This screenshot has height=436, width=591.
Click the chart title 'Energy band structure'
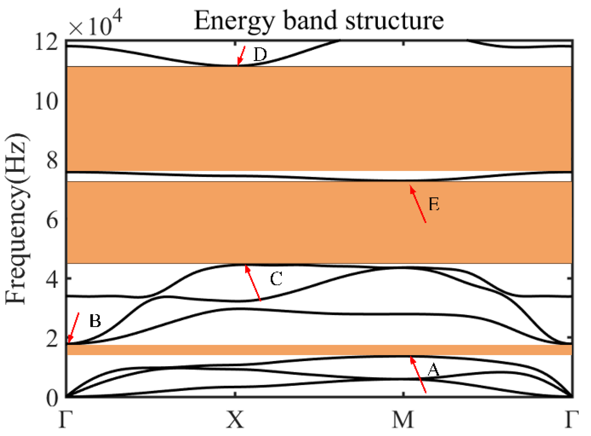[x=318, y=21]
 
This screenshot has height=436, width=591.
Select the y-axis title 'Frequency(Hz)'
[x=17, y=219]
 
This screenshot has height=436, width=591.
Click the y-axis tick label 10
[x=47, y=101]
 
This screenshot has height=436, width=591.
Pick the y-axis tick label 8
[x=52, y=160]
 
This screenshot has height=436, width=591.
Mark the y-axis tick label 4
[x=52, y=280]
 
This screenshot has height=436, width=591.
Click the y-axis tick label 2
[x=52, y=339]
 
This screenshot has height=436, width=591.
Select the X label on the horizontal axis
[x=235, y=420]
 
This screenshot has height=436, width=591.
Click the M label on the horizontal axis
[x=403, y=420]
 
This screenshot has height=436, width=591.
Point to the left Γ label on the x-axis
[x=66, y=420]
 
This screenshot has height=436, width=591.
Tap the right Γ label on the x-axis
[x=572, y=420]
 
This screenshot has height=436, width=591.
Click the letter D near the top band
[x=260, y=55]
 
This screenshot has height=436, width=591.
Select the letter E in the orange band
[x=434, y=204]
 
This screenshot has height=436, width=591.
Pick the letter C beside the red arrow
[x=276, y=279]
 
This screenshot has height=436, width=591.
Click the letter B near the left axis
[x=95, y=321]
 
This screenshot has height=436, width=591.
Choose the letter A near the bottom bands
[x=433, y=370]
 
